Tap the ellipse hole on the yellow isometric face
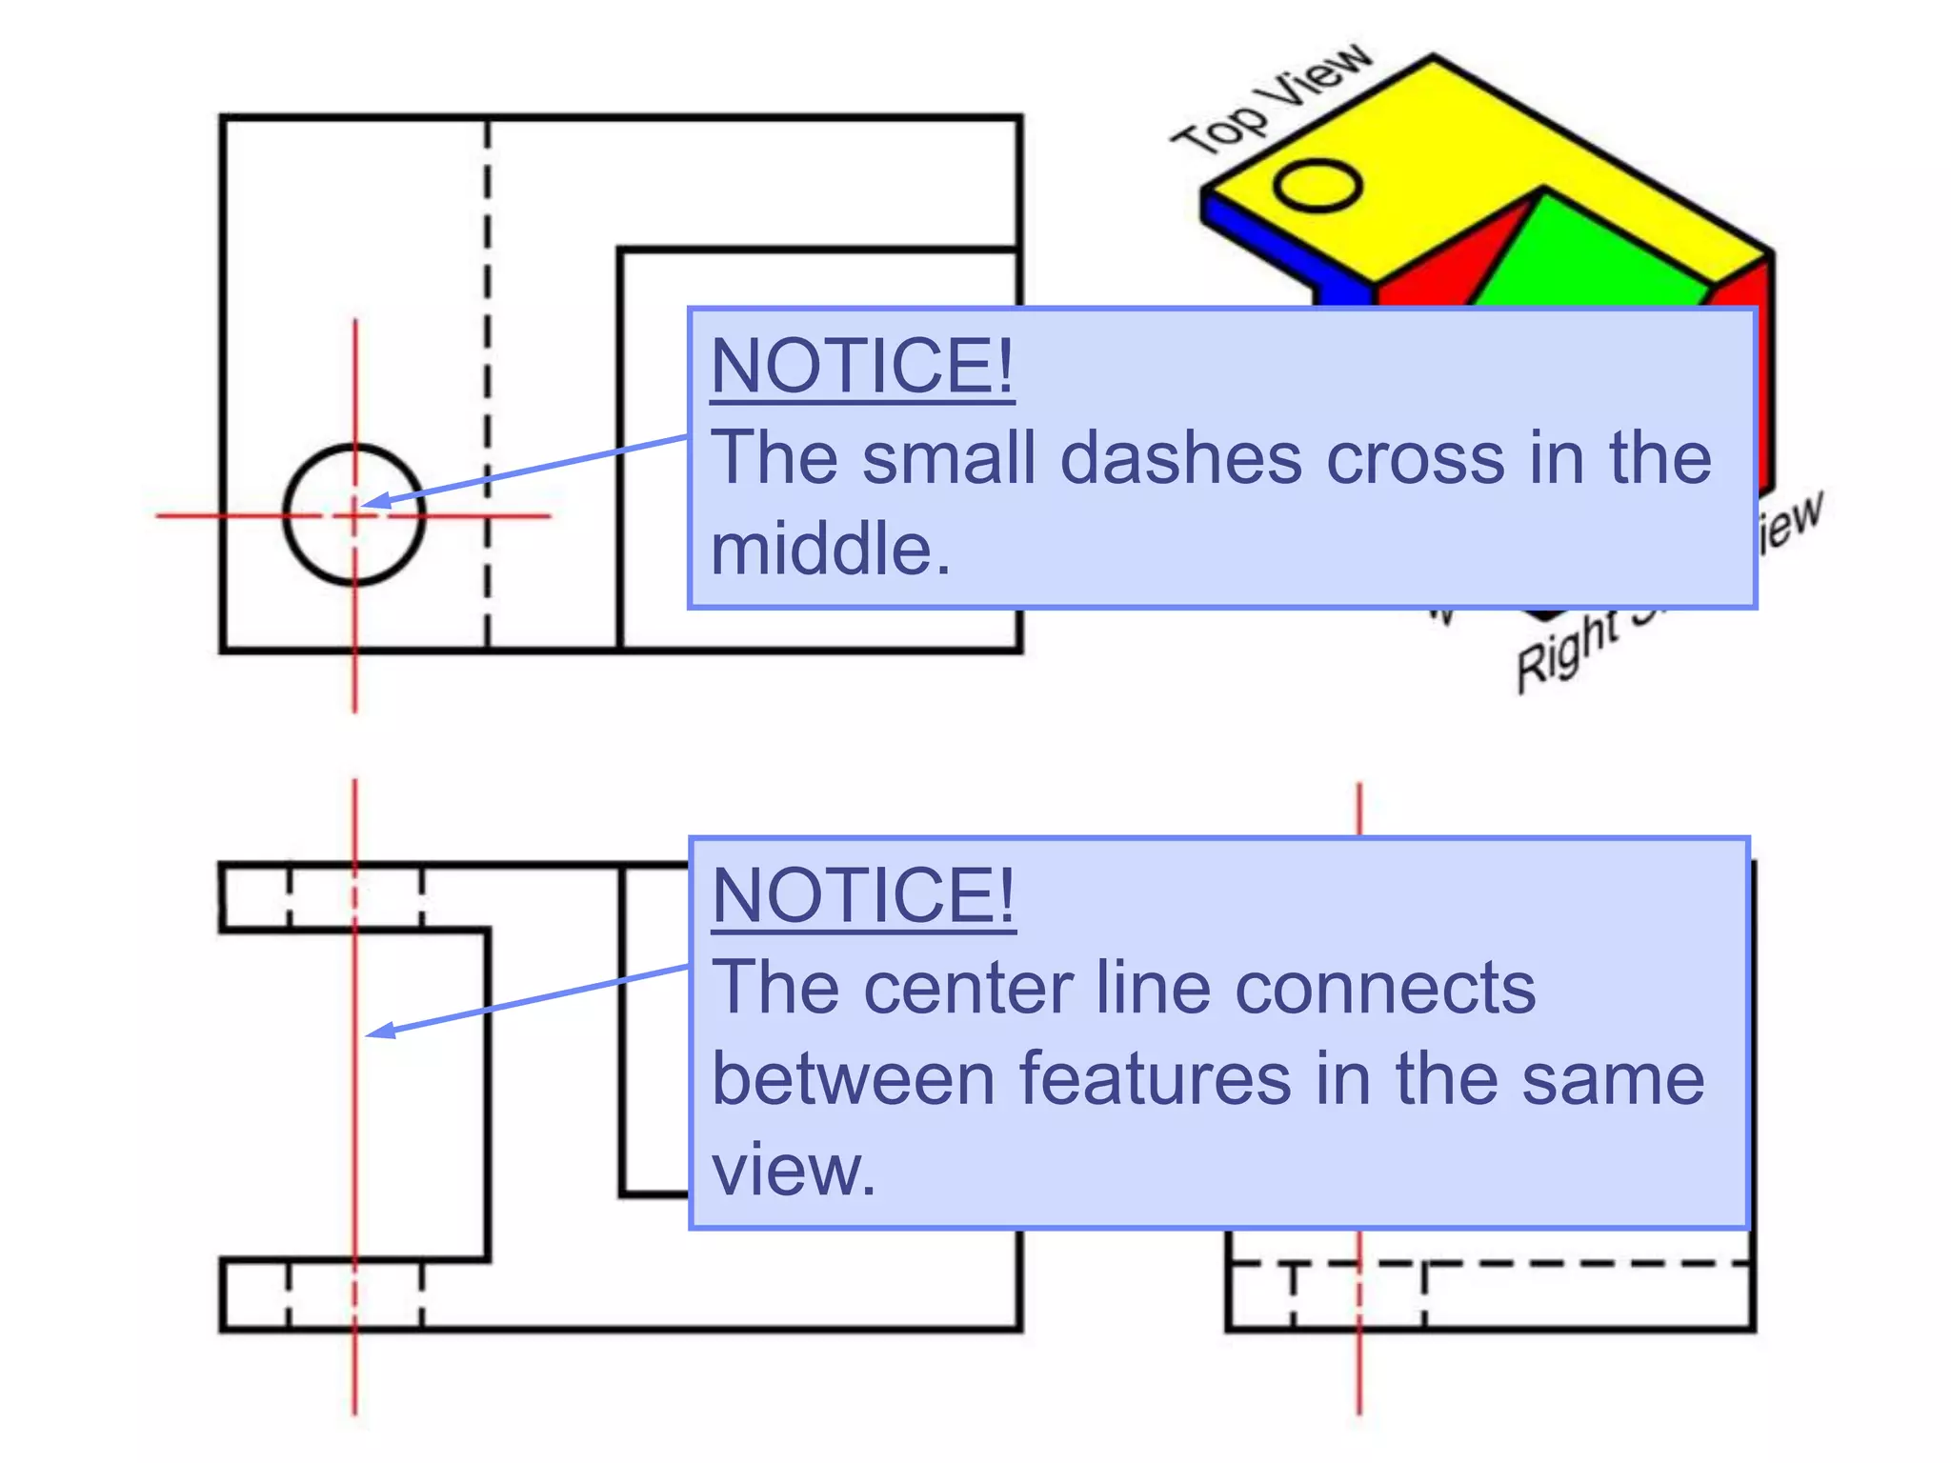(1317, 185)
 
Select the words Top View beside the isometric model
(1272, 100)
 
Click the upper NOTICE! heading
(862, 367)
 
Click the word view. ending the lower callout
(793, 1170)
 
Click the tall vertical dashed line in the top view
(487, 381)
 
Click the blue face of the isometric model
(1267, 238)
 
